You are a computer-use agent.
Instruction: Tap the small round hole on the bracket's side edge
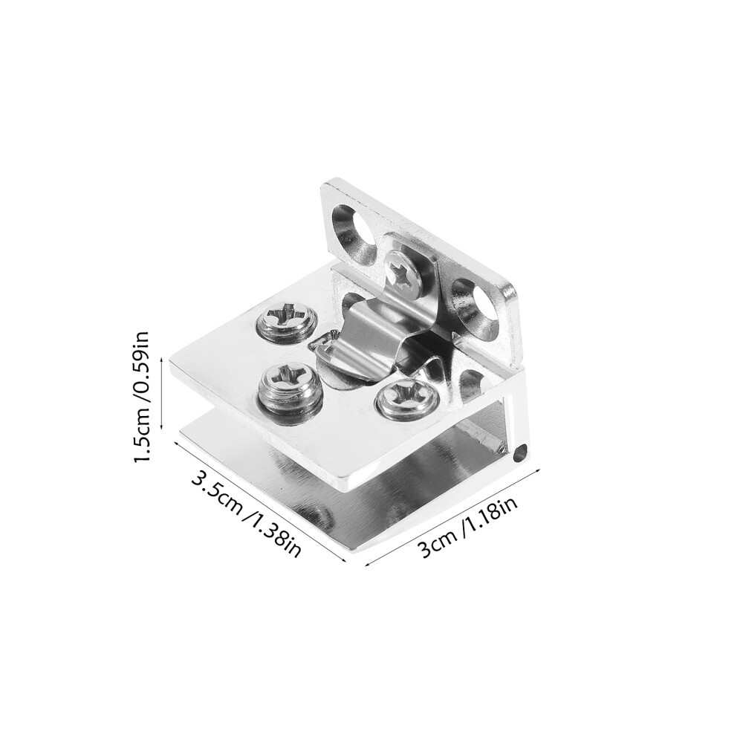(520, 452)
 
